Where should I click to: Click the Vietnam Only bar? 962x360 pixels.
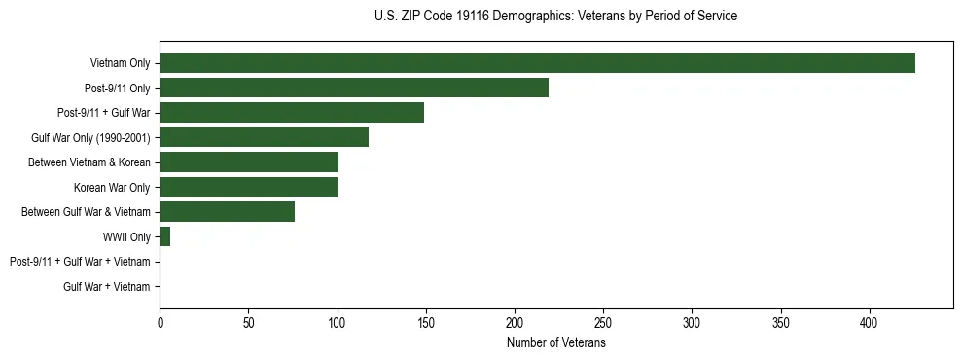[537, 63]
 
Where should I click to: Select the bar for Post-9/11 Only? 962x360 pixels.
[354, 88]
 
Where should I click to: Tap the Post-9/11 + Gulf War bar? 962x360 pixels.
[292, 113]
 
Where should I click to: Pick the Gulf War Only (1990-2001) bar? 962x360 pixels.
[264, 137]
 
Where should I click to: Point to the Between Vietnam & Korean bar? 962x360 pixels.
[249, 162]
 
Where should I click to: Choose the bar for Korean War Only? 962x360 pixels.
[248, 187]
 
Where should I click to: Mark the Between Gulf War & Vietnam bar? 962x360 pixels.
[227, 212]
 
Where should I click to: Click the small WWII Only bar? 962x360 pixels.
[165, 236]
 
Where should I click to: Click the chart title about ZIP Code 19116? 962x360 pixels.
[555, 17]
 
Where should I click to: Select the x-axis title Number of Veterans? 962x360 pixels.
[555, 343]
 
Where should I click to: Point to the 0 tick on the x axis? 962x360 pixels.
[160, 322]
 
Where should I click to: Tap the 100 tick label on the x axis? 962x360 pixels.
[337, 322]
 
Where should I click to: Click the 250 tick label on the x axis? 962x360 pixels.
[603, 322]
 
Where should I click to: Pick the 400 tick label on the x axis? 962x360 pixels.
[870, 322]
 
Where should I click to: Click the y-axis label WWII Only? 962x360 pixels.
[126, 236]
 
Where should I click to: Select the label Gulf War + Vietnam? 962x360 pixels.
[106, 287]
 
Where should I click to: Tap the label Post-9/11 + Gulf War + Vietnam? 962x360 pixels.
[80, 262]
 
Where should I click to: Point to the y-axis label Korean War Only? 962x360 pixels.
[112, 187]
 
